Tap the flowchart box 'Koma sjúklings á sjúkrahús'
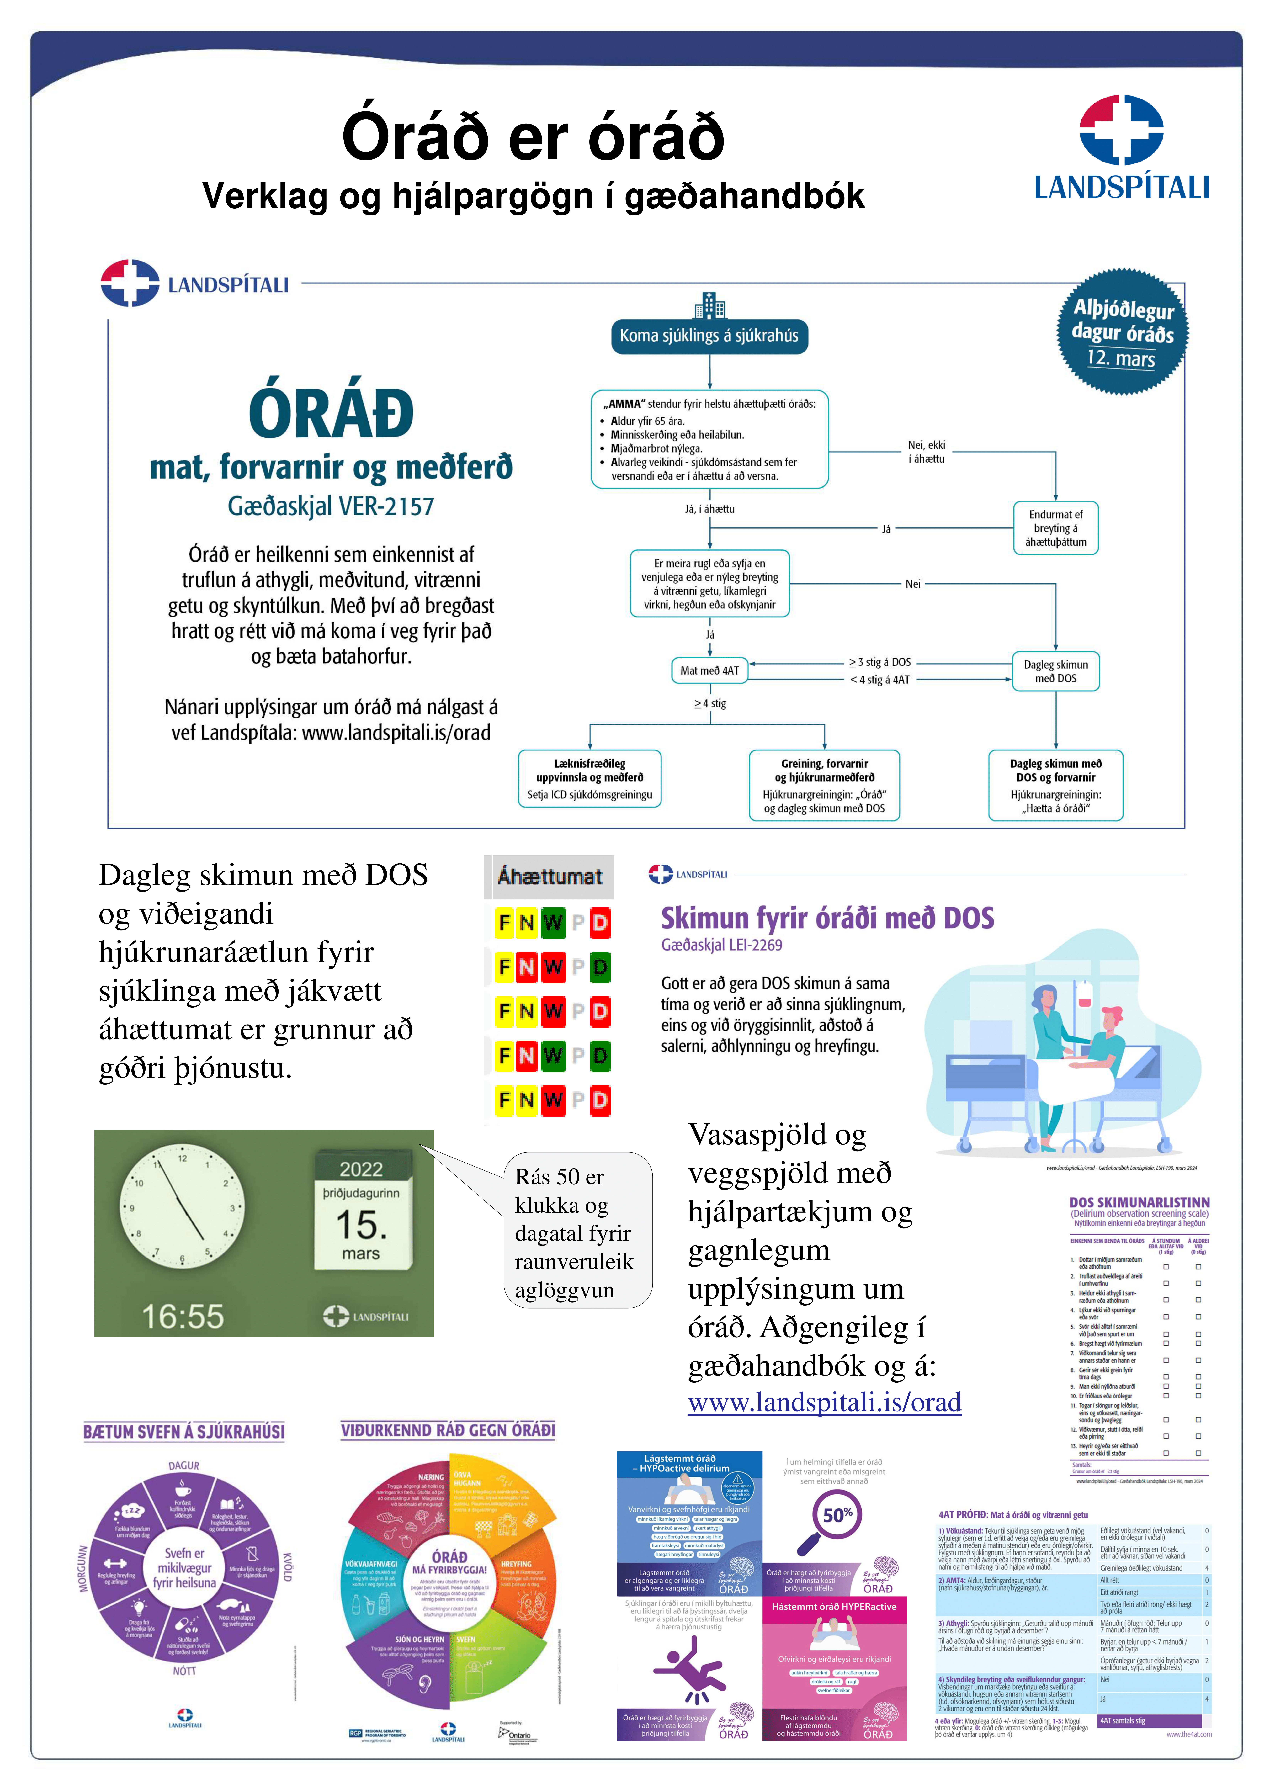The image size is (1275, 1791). [709, 336]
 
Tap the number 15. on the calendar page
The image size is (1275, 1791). [361, 1224]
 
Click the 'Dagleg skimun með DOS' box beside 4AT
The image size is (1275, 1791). [1055, 671]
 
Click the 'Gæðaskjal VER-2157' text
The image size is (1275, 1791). [331, 506]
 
